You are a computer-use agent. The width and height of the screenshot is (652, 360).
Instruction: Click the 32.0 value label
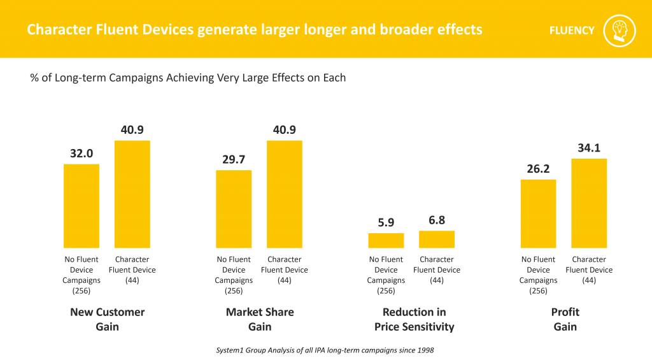(x=81, y=154)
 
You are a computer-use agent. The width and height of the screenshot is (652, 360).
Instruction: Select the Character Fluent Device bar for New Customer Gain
(x=132, y=194)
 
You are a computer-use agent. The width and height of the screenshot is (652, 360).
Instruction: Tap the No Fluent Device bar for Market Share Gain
(x=234, y=208)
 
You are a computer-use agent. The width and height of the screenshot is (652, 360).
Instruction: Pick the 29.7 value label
(x=234, y=159)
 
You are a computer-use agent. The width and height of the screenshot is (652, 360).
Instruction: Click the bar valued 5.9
(x=386, y=240)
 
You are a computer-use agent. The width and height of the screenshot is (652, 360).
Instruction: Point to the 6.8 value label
(x=436, y=220)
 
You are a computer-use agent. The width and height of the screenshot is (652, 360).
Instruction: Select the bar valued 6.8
(x=436, y=239)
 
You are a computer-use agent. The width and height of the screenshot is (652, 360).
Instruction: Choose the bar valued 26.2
(x=538, y=213)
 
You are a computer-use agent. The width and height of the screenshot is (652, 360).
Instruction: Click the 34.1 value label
(x=589, y=148)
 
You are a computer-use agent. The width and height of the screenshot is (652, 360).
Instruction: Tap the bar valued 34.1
(x=589, y=203)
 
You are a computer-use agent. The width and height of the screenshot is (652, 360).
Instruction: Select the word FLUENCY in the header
(x=572, y=30)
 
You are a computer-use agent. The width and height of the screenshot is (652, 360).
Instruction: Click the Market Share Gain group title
(x=260, y=319)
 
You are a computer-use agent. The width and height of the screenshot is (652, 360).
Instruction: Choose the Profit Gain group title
(x=565, y=319)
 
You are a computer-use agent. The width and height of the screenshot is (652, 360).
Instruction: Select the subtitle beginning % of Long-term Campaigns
(x=188, y=78)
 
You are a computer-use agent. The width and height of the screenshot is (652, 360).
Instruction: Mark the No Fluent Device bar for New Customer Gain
(x=81, y=206)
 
